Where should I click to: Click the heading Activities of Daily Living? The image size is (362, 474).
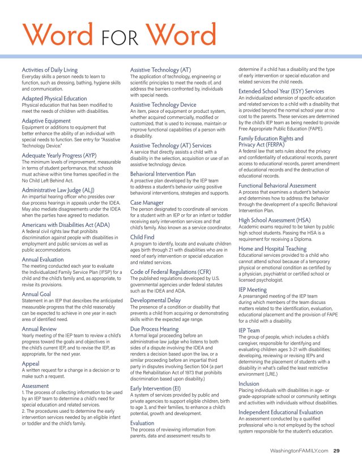coord(50,69)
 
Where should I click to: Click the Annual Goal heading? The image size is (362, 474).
coord(36,295)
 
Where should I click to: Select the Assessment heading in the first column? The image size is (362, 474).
coord(36,386)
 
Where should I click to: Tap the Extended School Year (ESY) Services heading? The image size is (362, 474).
coord(281,91)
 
